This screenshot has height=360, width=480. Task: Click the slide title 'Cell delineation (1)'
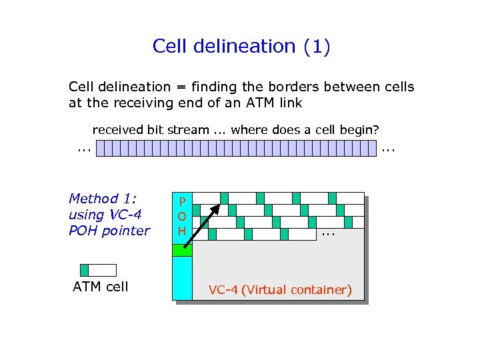coord(241,47)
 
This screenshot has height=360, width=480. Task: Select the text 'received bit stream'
coord(150,129)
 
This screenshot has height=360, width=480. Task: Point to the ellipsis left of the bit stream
coord(83,147)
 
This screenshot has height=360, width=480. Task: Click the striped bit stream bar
coord(237,148)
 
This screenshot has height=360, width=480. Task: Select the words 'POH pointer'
coord(109,231)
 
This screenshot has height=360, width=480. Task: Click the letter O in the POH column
coord(181,216)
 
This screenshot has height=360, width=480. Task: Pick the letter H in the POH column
coord(181,231)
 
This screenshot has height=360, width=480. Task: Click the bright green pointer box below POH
coord(182,250)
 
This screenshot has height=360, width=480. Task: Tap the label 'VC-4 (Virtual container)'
coord(280,290)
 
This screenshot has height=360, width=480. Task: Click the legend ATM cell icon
coord(98,270)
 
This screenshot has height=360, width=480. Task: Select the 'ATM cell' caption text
coord(101,287)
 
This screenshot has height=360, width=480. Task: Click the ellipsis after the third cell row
coord(327,235)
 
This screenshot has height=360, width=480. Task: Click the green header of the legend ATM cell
coord(84,270)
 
